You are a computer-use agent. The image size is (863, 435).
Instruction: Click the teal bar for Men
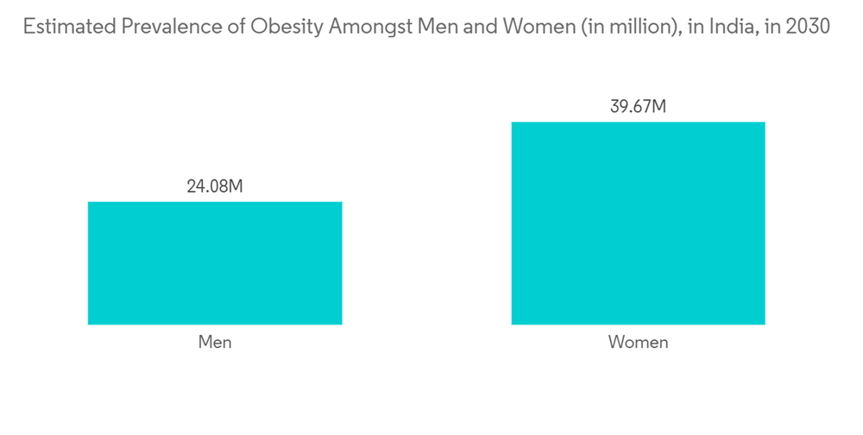215,263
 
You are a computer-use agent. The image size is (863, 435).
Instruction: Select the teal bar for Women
638,223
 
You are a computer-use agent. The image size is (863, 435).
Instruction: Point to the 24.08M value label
215,186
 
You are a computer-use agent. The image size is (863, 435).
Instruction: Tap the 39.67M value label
638,107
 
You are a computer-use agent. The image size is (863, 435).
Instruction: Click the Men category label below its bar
215,343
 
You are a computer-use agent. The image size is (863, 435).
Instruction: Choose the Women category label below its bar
638,343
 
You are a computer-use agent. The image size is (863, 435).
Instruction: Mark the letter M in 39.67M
658,107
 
